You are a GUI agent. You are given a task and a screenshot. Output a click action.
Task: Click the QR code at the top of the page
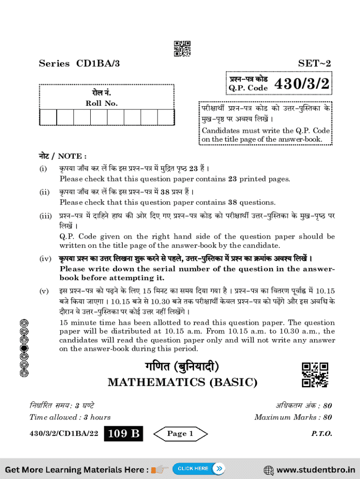click(182, 49)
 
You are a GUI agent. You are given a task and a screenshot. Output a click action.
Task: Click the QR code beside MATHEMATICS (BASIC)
click(315, 375)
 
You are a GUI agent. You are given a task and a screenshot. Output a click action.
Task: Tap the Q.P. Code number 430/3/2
click(302, 84)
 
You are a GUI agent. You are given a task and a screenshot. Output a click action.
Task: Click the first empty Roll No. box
click(48, 117)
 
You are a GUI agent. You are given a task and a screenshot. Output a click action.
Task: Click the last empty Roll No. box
click(166, 117)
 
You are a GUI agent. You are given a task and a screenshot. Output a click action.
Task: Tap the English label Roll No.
click(101, 103)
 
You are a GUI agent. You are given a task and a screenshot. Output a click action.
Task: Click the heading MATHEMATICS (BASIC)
click(182, 382)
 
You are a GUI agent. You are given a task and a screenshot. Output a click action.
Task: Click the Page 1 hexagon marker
click(180, 434)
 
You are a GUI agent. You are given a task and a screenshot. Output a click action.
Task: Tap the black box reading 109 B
click(123, 434)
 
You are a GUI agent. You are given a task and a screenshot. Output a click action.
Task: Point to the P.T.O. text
click(322, 434)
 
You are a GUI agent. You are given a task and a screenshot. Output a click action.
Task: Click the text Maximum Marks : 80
click(293, 417)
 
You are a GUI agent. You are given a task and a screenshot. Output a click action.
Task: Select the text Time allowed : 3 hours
click(70, 417)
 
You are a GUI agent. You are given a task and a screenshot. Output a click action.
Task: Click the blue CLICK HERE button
click(199, 468)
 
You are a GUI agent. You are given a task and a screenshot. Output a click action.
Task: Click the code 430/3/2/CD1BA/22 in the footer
click(64, 434)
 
